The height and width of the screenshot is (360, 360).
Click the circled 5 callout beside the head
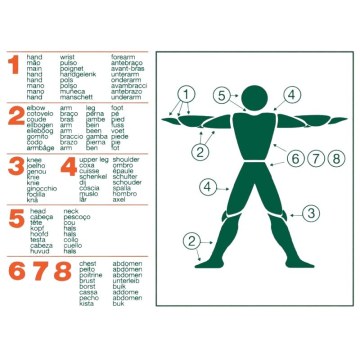[x=220, y=95]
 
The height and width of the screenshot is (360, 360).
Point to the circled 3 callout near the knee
[x=311, y=212]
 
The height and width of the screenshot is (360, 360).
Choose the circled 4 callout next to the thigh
[x=205, y=186]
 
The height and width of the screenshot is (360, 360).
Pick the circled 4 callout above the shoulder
[x=291, y=95]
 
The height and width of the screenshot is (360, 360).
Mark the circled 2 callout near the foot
[x=191, y=240]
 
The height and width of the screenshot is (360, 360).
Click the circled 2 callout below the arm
[x=200, y=152]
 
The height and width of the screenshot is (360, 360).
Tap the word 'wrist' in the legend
[x=67, y=58]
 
